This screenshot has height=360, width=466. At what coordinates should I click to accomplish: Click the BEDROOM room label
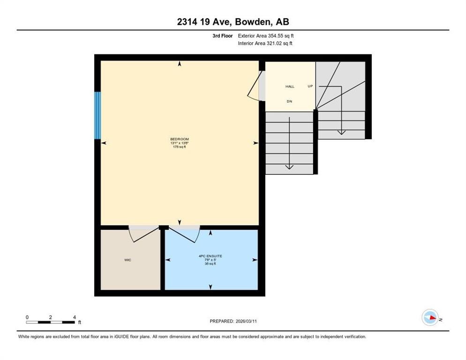point(180,139)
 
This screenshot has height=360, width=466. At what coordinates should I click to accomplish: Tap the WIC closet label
point(128,260)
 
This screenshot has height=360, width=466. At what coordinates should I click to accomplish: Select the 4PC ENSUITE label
point(210,256)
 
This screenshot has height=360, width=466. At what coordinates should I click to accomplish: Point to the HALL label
point(290,87)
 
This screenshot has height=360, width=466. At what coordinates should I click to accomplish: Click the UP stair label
point(310,86)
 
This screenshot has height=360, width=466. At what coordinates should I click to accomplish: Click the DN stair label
point(290,101)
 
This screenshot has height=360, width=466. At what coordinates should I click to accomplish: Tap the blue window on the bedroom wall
point(98,115)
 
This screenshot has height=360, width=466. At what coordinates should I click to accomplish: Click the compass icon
point(430,318)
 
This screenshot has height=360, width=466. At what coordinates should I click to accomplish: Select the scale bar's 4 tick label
point(74,317)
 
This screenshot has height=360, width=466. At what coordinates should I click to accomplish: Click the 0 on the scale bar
point(27,317)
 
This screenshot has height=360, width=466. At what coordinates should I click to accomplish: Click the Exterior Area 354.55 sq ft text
point(266,36)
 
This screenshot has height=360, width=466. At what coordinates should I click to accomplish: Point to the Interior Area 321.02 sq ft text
point(265,44)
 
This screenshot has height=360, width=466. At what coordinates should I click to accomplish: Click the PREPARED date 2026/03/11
point(233,321)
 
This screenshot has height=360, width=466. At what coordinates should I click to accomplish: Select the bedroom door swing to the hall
point(255,85)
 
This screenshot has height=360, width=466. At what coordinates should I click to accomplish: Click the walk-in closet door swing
point(141,234)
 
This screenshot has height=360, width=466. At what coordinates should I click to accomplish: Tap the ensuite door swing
point(186,234)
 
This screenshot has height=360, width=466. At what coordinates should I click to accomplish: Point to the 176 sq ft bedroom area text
point(180,147)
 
